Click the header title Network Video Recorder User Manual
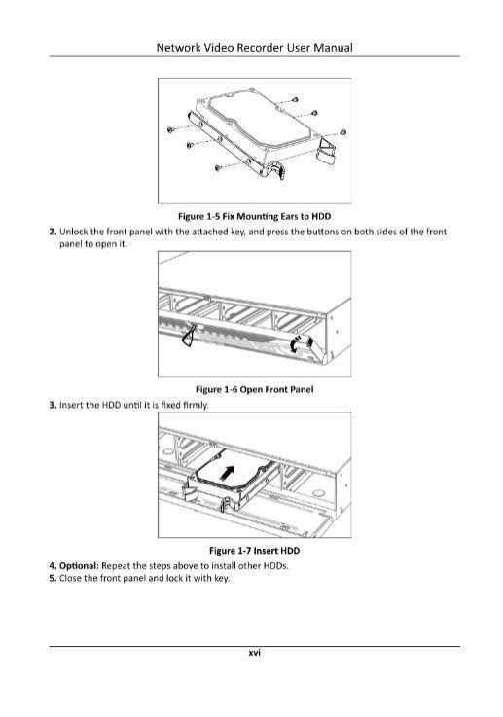[x=254, y=48]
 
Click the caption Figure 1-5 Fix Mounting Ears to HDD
[x=254, y=216]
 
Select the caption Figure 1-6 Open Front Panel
[x=254, y=389]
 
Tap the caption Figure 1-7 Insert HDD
[x=254, y=550]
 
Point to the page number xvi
[x=254, y=653]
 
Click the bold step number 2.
[x=53, y=232]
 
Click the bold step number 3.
[x=53, y=405]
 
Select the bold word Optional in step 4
[x=79, y=566]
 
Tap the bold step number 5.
[x=53, y=579]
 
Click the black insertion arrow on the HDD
[x=227, y=473]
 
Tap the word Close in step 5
[x=69, y=579]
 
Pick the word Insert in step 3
[x=71, y=405]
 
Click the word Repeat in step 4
[x=115, y=566]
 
